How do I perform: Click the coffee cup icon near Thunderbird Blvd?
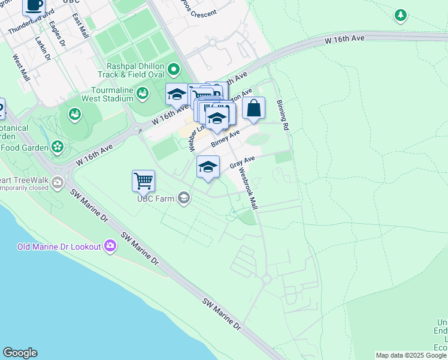pyautogui.click(x=34, y=5)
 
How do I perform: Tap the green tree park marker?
pyautogui.click(x=399, y=14)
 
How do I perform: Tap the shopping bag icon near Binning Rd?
pyautogui.click(x=254, y=108)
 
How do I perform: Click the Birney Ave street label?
pyautogui.click(x=225, y=136)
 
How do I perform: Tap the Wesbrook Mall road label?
pyautogui.click(x=247, y=188)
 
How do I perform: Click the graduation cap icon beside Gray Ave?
pyautogui.click(x=208, y=167)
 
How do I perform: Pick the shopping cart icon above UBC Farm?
pyautogui.click(x=143, y=180)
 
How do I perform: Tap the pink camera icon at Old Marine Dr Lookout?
pyautogui.click(x=110, y=245)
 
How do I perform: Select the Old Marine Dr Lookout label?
pyautogui.click(x=59, y=247)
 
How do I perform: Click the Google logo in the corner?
pyautogui.click(x=20, y=353)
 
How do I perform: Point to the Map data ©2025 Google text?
pyautogui.click(x=411, y=355)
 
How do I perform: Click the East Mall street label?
pyautogui.click(x=78, y=26)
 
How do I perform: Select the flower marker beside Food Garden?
pyautogui.click(x=57, y=146)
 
